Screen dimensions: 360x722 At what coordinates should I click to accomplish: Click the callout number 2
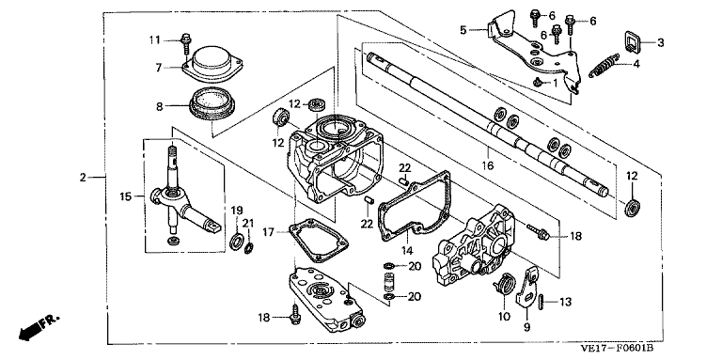[x=83, y=178]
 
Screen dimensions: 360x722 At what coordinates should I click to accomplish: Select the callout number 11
[x=156, y=39]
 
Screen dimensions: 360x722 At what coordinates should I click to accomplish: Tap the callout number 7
[x=160, y=67]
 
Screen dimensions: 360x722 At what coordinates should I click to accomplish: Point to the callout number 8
[x=159, y=106]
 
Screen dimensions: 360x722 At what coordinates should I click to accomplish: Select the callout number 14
[x=407, y=251]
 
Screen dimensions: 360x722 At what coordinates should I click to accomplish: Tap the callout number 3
[x=661, y=42]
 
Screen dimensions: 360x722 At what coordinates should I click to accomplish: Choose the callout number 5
[x=463, y=30]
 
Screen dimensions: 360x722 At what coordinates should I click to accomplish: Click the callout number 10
[x=504, y=317]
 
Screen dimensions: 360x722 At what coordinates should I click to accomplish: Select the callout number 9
[x=526, y=327]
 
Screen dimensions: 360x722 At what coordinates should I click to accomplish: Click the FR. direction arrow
[x=30, y=328]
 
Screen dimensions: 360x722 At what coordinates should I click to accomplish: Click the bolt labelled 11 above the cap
[x=186, y=39]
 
